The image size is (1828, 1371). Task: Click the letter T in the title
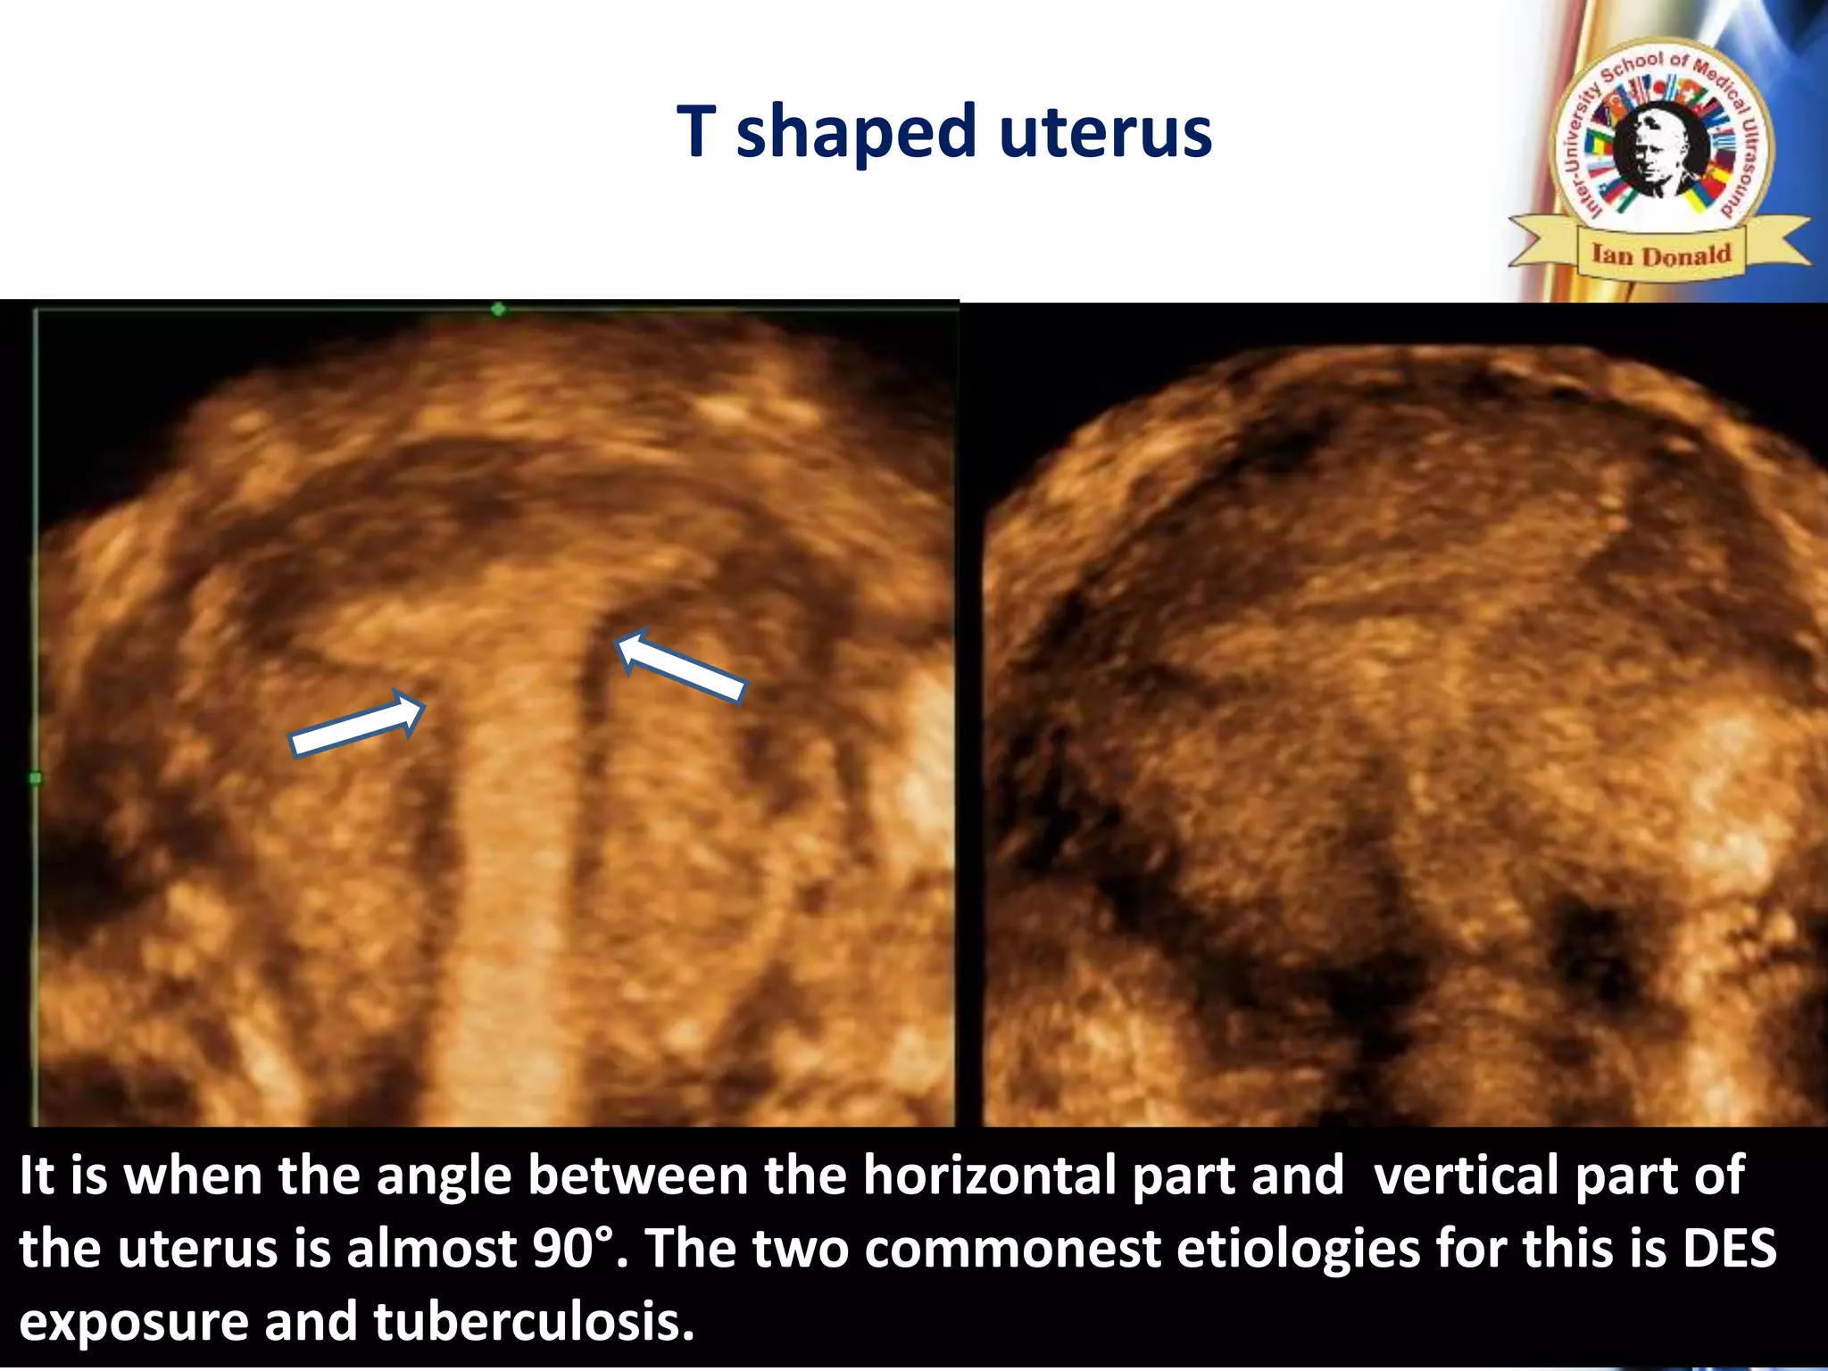[x=697, y=132]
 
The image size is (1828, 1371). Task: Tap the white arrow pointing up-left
[x=680, y=666]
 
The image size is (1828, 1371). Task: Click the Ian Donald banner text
[x=1661, y=255]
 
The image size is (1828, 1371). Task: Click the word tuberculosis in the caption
[x=533, y=1322]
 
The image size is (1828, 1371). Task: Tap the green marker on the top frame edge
[x=498, y=309]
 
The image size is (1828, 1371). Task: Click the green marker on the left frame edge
[x=35, y=778]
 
